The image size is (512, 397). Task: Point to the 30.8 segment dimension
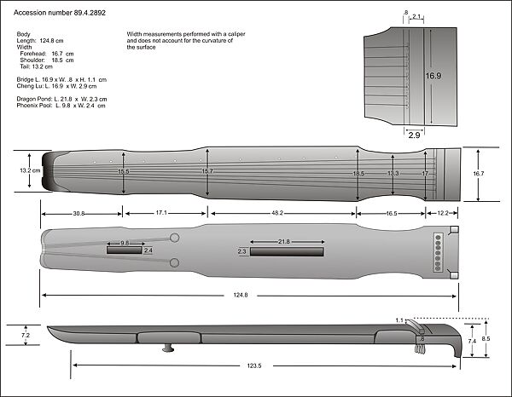[x=79, y=213]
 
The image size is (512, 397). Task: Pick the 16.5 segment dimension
[x=390, y=213]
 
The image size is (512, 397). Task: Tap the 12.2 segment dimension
[x=442, y=213]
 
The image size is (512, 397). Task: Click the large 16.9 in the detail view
[x=433, y=76]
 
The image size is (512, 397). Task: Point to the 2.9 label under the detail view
[x=414, y=135]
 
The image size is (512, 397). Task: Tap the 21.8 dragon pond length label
[x=284, y=242]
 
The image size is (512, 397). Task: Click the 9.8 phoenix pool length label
[x=125, y=243]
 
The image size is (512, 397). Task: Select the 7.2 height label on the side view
[x=25, y=337]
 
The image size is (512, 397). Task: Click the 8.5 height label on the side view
[x=486, y=339]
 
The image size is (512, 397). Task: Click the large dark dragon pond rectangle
[x=286, y=252]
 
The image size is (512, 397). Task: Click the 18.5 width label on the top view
[x=358, y=173]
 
